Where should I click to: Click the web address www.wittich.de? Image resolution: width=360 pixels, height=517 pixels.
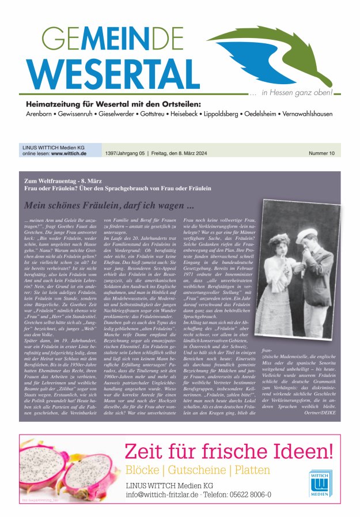click(x=69, y=154)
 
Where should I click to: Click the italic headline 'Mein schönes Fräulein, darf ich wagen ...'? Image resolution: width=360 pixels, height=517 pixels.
click(x=108, y=205)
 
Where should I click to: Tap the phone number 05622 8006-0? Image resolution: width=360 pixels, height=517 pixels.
click(x=246, y=495)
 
